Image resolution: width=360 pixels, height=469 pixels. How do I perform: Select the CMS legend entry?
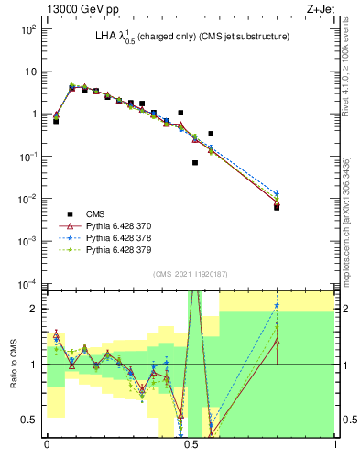click(94, 214)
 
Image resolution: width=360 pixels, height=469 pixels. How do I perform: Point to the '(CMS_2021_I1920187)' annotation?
click(190, 273)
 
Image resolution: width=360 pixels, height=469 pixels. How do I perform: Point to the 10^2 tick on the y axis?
click(29, 29)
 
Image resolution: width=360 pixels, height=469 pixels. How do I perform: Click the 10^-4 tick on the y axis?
click(29, 283)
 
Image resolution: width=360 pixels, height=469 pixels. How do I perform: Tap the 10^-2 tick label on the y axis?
click(29, 199)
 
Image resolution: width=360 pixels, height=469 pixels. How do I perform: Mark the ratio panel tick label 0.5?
click(32, 420)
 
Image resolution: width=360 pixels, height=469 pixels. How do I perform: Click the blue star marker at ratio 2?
click(277, 306)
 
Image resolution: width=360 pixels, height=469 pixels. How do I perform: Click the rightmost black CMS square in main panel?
click(277, 207)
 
